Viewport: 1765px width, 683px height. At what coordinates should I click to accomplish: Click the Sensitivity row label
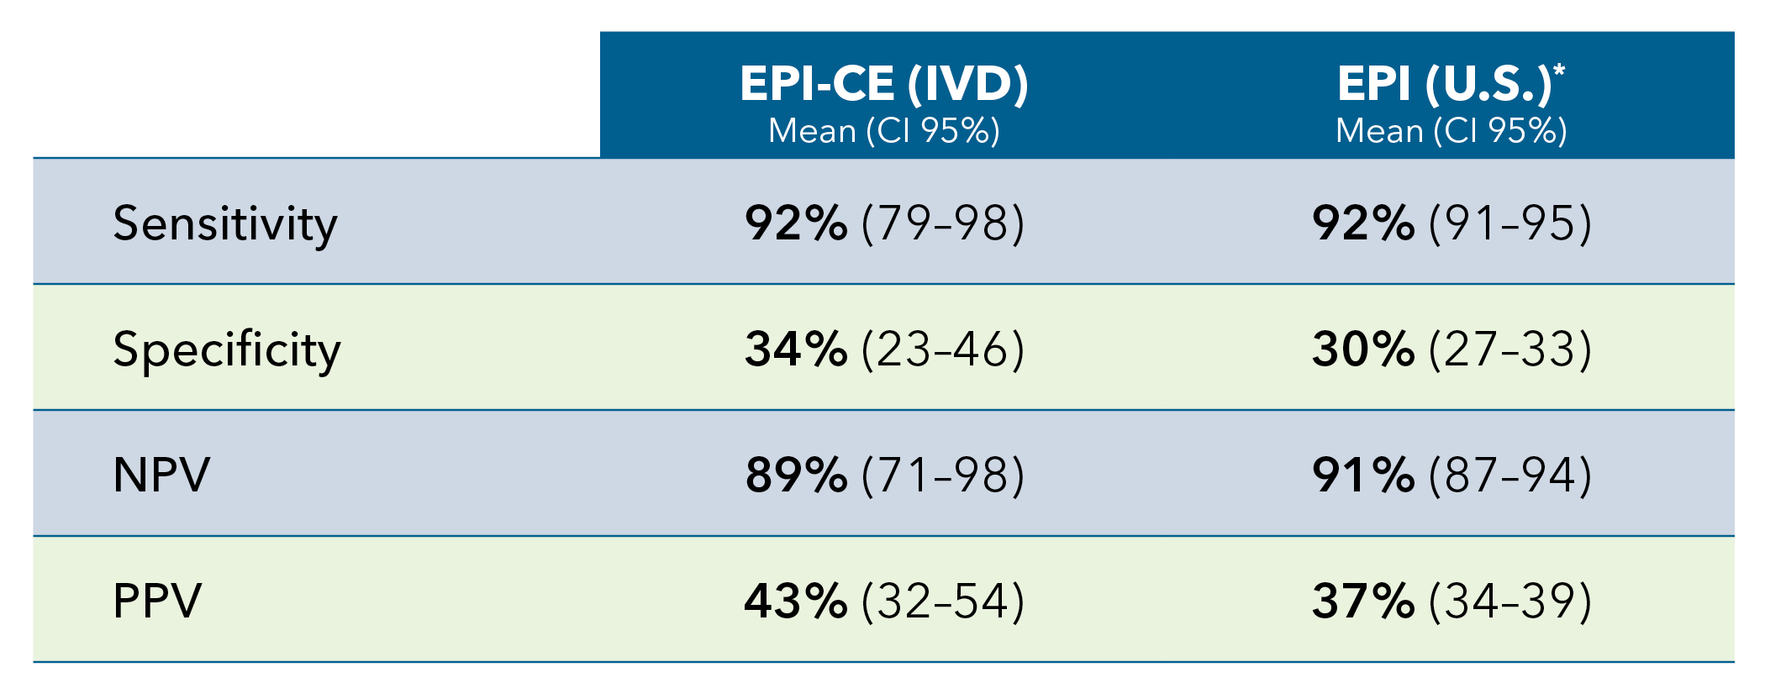(x=224, y=224)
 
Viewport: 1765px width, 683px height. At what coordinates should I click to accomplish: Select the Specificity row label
(x=226, y=350)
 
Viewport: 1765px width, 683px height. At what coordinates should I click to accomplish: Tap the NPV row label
(x=161, y=475)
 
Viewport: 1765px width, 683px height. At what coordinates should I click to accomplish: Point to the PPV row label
(x=157, y=602)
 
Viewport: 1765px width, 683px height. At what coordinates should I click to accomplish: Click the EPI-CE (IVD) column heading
(x=883, y=84)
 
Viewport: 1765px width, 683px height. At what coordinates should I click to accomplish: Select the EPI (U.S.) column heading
(x=1443, y=84)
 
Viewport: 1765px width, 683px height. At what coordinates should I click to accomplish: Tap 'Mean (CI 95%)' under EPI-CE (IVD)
(x=883, y=131)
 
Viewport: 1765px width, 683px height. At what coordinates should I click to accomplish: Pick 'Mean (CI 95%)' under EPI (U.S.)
(x=1451, y=131)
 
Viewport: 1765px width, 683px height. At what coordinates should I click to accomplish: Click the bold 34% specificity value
(x=795, y=349)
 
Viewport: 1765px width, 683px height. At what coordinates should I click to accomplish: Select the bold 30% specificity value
(x=1362, y=349)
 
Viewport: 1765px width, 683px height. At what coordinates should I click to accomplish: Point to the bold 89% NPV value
(x=795, y=475)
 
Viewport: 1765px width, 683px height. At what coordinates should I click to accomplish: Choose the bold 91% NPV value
(x=1362, y=475)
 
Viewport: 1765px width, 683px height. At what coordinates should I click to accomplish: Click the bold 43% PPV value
(x=795, y=602)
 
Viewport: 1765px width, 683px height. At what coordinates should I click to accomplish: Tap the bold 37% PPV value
(x=1362, y=602)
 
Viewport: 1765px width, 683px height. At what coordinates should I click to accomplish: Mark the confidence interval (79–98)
(x=943, y=224)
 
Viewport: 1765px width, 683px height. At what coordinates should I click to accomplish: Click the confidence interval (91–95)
(x=1510, y=224)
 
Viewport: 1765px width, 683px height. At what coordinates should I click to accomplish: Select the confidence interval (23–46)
(x=943, y=349)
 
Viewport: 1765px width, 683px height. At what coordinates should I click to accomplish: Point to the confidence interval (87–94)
(x=1510, y=475)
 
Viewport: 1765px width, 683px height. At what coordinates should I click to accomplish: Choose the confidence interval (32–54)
(x=943, y=602)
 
